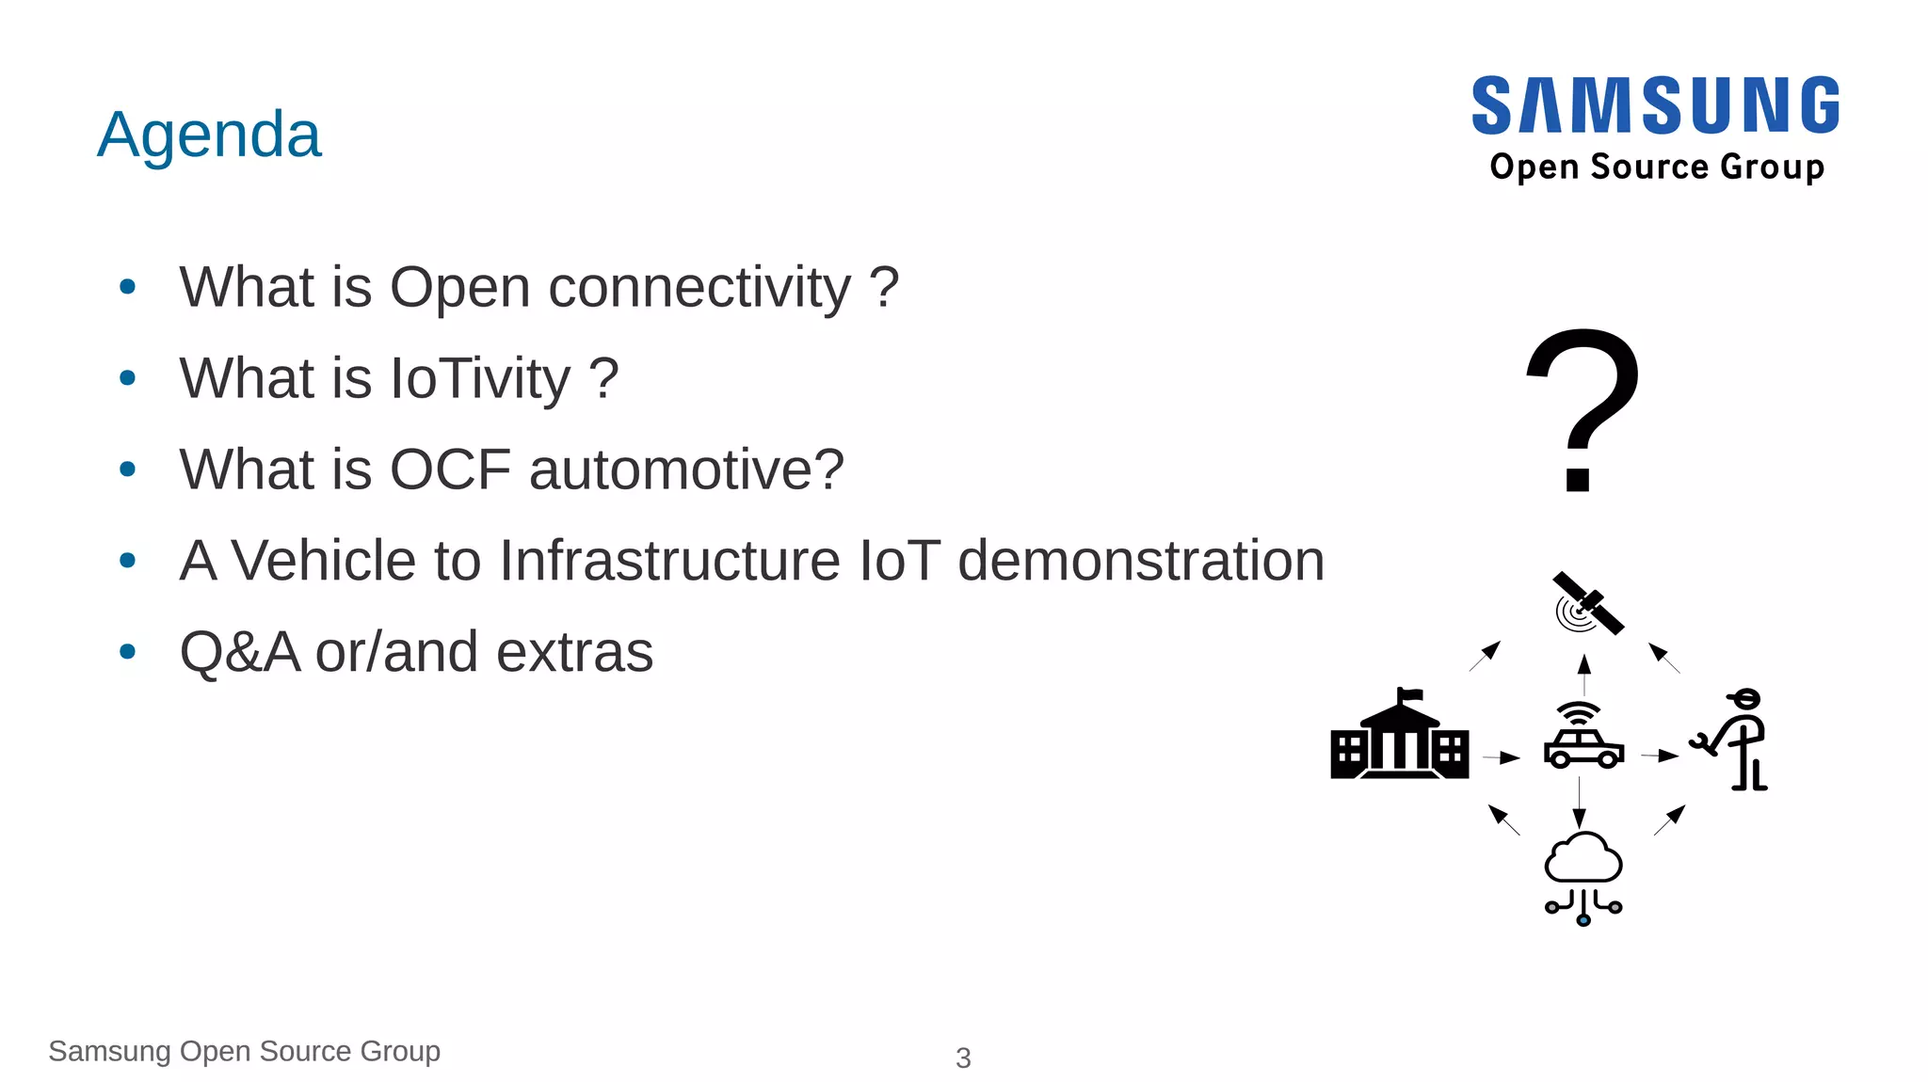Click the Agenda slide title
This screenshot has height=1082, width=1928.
[x=209, y=135]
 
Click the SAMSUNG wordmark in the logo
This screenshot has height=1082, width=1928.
[x=1656, y=105]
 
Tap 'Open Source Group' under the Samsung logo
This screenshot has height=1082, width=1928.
[x=1657, y=167]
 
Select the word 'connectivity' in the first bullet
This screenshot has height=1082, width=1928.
[x=699, y=287]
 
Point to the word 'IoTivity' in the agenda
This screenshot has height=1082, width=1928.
[x=480, y=378]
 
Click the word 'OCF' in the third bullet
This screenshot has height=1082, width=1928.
[x=450, y=469]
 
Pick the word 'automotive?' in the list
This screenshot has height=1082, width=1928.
[x=686, y=469]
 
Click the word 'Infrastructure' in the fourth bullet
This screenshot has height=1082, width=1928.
[x=669, y=561]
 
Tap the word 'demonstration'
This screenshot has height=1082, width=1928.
[x=1140, y=561]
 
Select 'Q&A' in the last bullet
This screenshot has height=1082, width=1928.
[x=239, y=652]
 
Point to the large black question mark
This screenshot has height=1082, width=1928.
[x=1582, y=408]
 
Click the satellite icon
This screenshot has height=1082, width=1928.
[x=1587, y=604]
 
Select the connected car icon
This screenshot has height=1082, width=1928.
[x=1583, y=737]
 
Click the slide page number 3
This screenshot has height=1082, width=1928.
[x=963, y=1058]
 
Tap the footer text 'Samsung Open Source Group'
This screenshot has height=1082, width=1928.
[x=244, y=1051]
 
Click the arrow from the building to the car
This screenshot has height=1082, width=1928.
[x=1502, y=756]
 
